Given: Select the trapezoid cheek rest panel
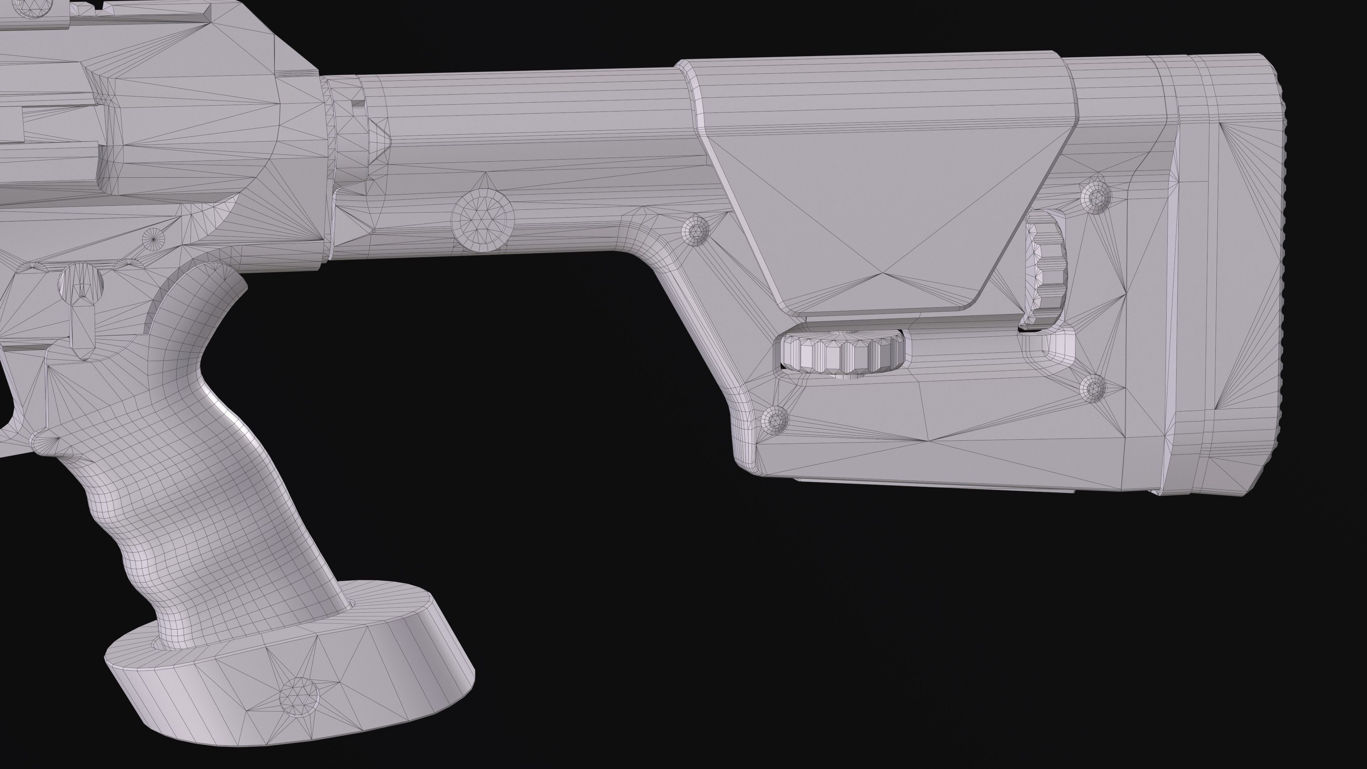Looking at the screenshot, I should pos(881,202).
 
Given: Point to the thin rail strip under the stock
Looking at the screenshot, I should pos(934,484).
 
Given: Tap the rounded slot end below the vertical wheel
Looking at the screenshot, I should pos(1059,345).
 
